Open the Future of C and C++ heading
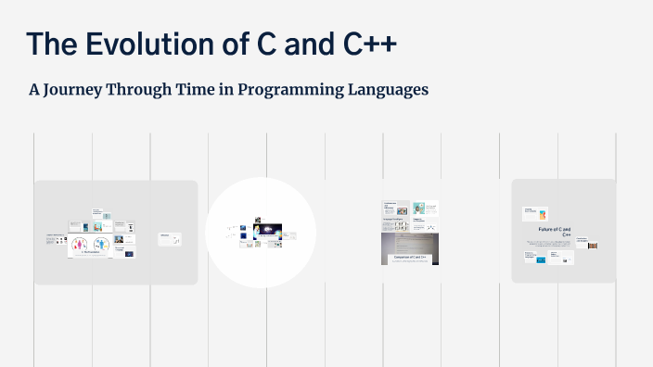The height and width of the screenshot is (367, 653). [554, 231]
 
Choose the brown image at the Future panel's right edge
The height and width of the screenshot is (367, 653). [592, 245]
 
